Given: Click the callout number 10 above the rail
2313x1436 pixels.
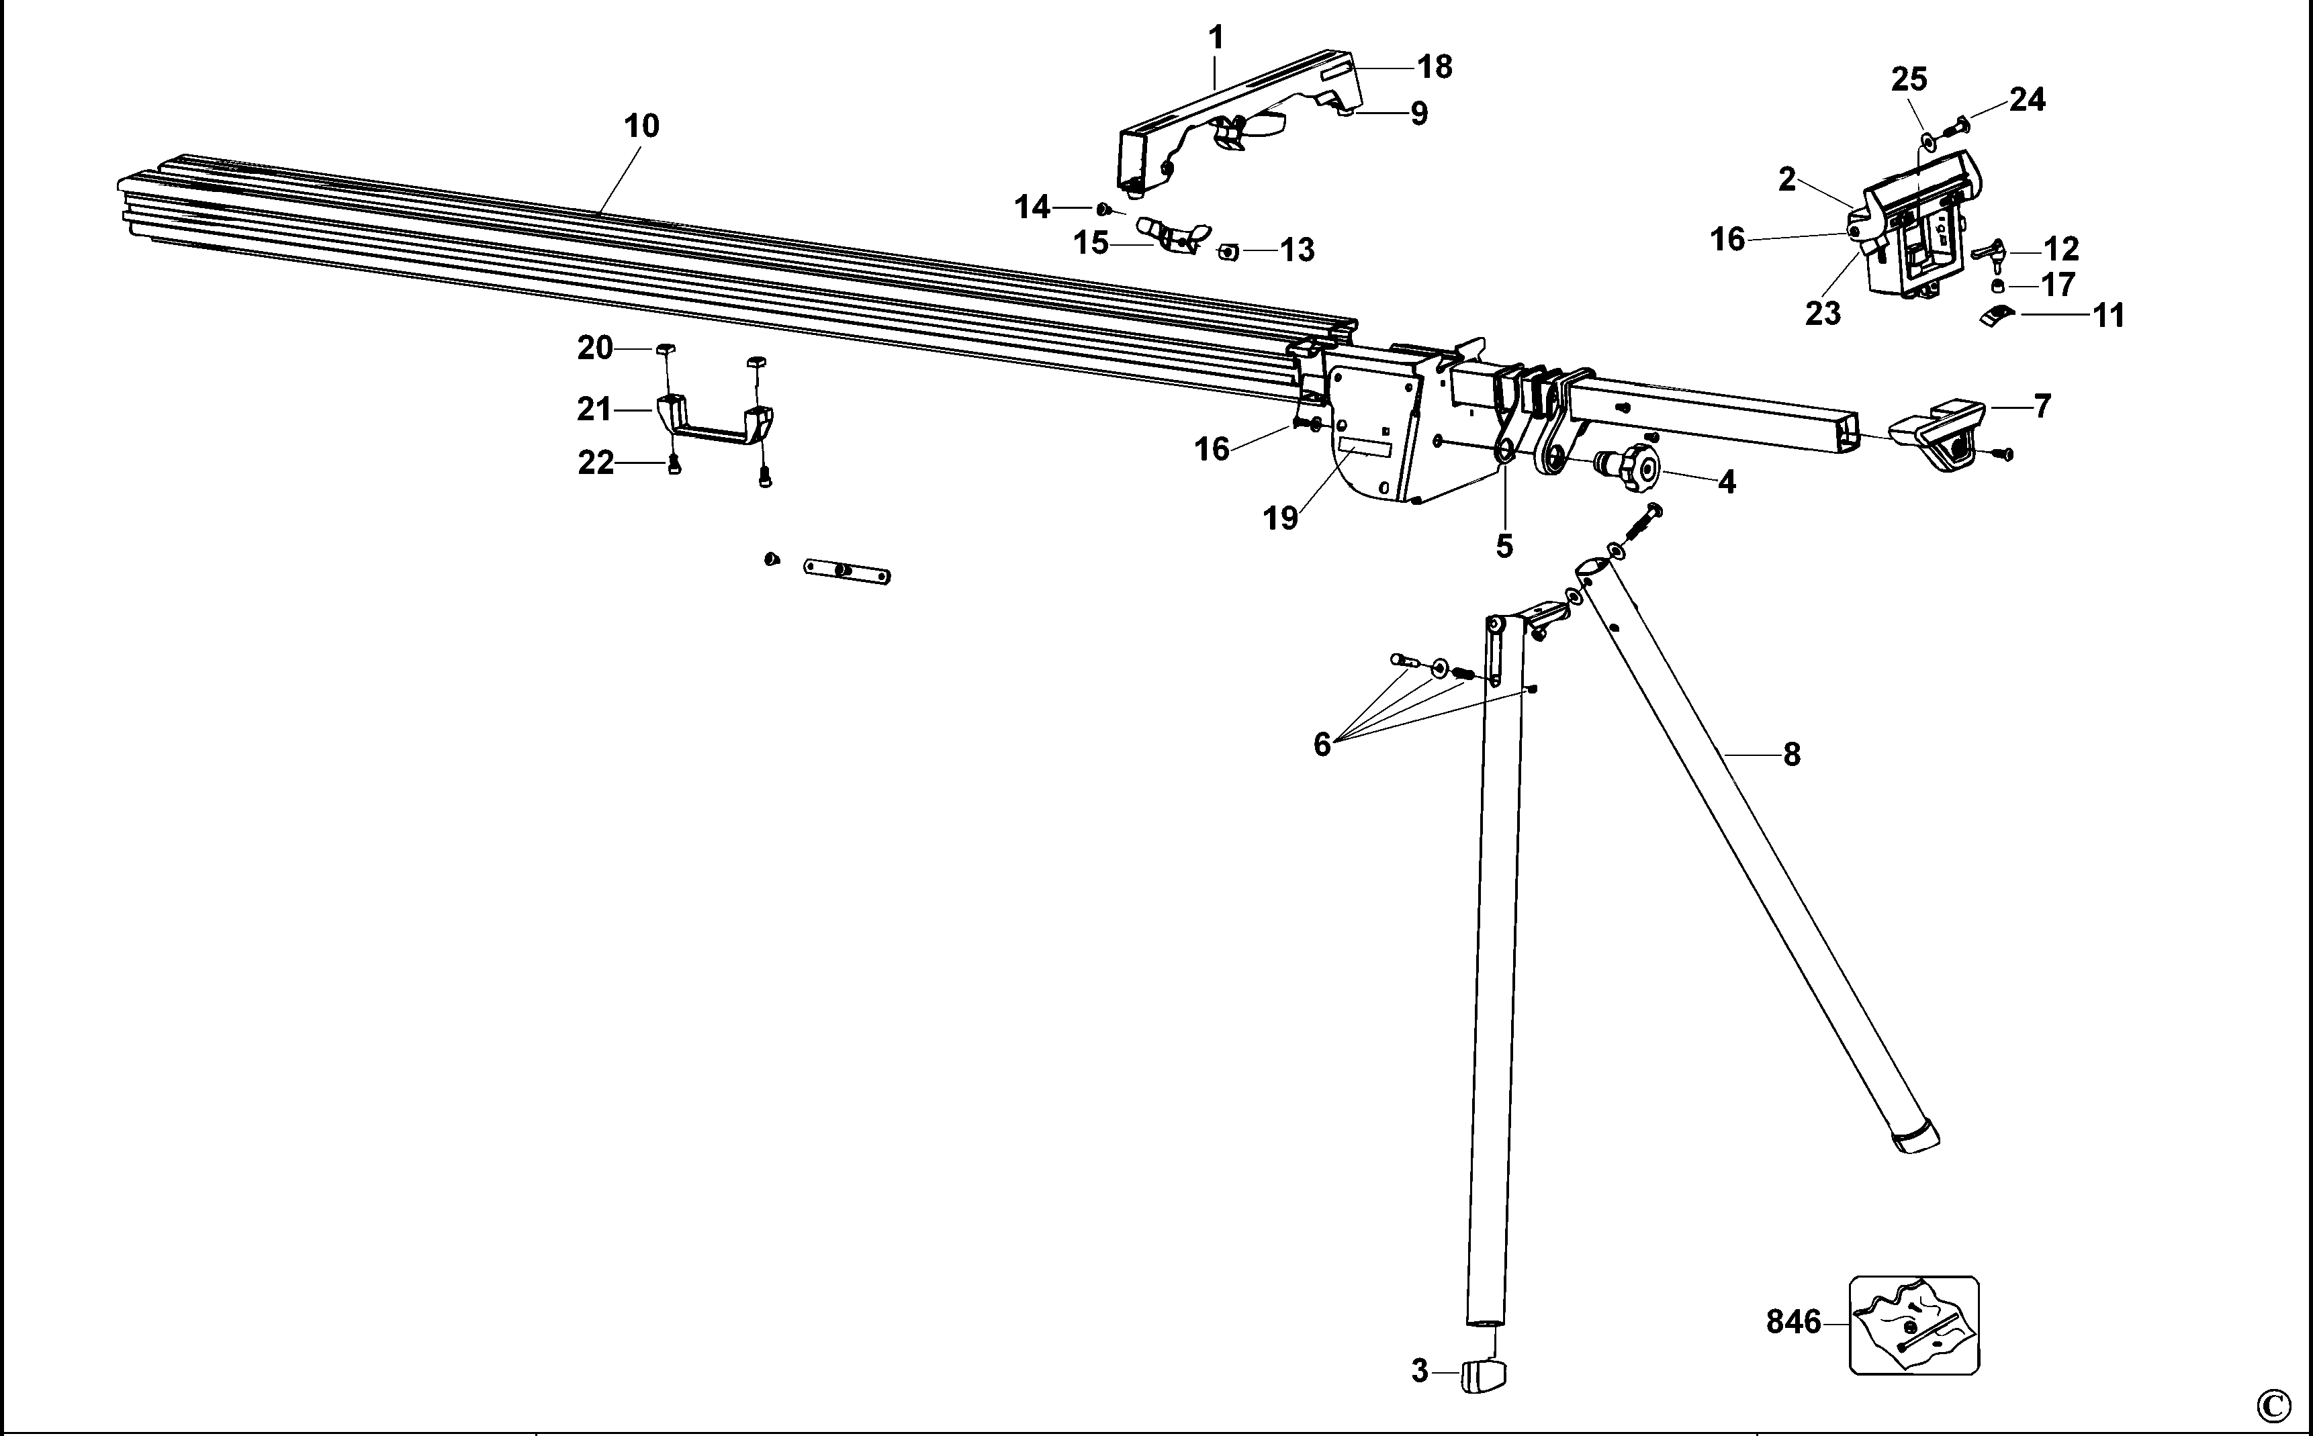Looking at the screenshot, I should point(641,126).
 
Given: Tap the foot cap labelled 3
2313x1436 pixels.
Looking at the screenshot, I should point(1484,1374).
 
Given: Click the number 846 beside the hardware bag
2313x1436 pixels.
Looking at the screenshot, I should point(1793,1322).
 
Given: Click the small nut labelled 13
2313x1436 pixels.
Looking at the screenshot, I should point(1228,250).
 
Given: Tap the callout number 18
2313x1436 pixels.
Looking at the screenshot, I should point(1435,66).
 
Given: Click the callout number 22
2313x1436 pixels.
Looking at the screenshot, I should point(596,463).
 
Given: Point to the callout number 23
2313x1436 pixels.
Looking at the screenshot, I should point(1822,312).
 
